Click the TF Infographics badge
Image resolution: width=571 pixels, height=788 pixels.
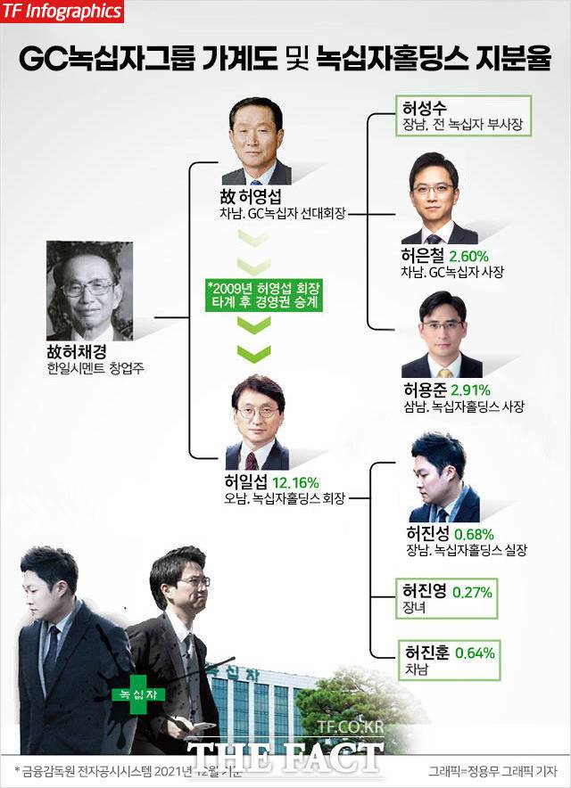click(x=62, y=12)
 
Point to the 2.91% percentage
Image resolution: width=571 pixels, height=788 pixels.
click(x=471, y=390)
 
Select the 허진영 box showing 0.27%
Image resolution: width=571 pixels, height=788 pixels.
click(x=447, y=599)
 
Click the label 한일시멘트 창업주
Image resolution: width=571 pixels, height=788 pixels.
click(x=91, y=367)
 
